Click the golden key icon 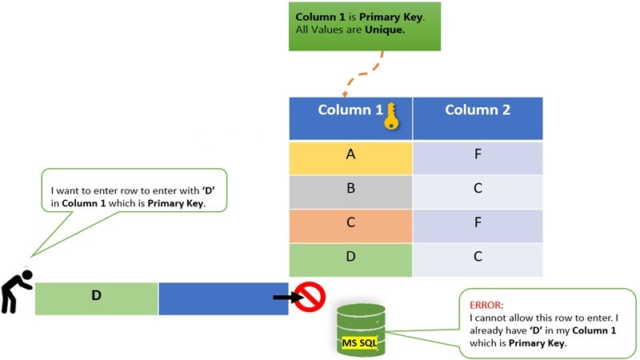[390, 117]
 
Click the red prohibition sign [309, 297]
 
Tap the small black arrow [282, 297]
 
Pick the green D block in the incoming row [96, 298]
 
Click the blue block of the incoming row [223, 298]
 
